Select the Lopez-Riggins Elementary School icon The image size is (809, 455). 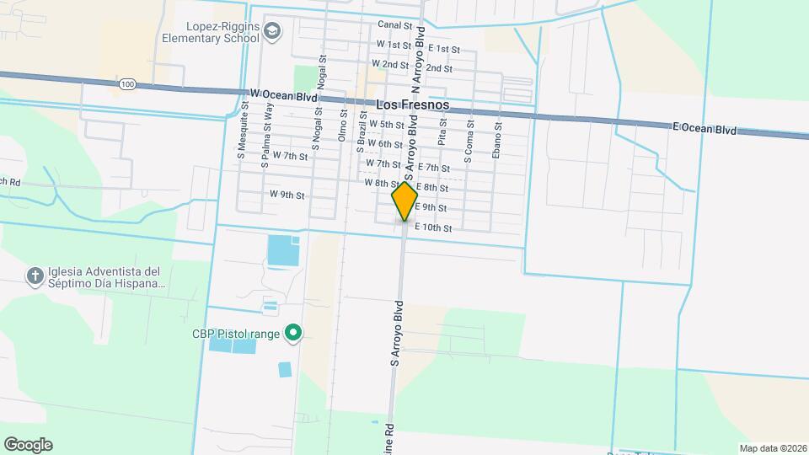pyautogui.click(x=273, y=32)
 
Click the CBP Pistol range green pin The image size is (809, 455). pyautogui.click(x=293, y=335)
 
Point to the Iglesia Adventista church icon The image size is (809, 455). pyautogui.click(x=35, y=276)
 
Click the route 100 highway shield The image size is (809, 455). pyautogui.click(x=127, y=84)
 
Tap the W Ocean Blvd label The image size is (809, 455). pyautogui.click(x=284, y=96)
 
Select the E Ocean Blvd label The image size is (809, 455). pyautogui.click(x=705, y=129)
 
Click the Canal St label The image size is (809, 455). pyautogui.click(x=395, y=26)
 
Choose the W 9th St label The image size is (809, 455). pyautogui.click(x=287, y=195)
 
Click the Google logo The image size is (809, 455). pyautogui.click(x=28, y=445)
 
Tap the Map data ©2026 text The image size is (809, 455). pyautogui.click(x=771, y=447)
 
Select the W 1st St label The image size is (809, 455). pyautogui.click(x=394, y=44)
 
